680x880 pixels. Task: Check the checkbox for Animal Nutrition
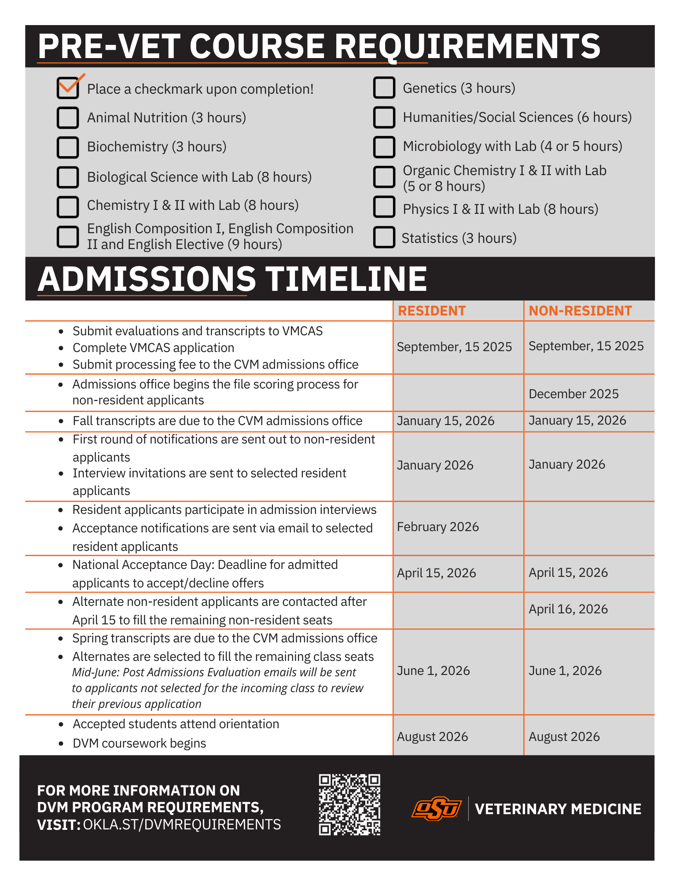click(68, 118)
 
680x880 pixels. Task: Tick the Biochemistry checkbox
click(68, 147)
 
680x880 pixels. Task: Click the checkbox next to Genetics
click(384, 88)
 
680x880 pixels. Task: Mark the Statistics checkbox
click(384, 238)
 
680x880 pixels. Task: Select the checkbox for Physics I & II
click(384, 207)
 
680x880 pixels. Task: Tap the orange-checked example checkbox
click(68, 88)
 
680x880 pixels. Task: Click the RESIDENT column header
click(431, 311)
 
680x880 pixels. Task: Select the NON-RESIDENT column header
click(580, 311)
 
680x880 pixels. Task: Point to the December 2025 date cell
click(573, 394)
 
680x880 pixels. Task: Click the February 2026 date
click(437, 527)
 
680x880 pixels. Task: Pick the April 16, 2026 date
click(568, 609)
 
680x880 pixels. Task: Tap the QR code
click(349, 805)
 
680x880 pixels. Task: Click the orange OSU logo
click(437, 809)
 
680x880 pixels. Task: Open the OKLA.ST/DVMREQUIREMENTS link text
click(182, 825)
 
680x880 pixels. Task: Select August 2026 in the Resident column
click(432, 737)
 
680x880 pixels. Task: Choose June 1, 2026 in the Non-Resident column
click(565, 671)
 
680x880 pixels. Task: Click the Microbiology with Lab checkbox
click(384, 147)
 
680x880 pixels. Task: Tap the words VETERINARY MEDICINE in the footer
click(558, 809)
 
